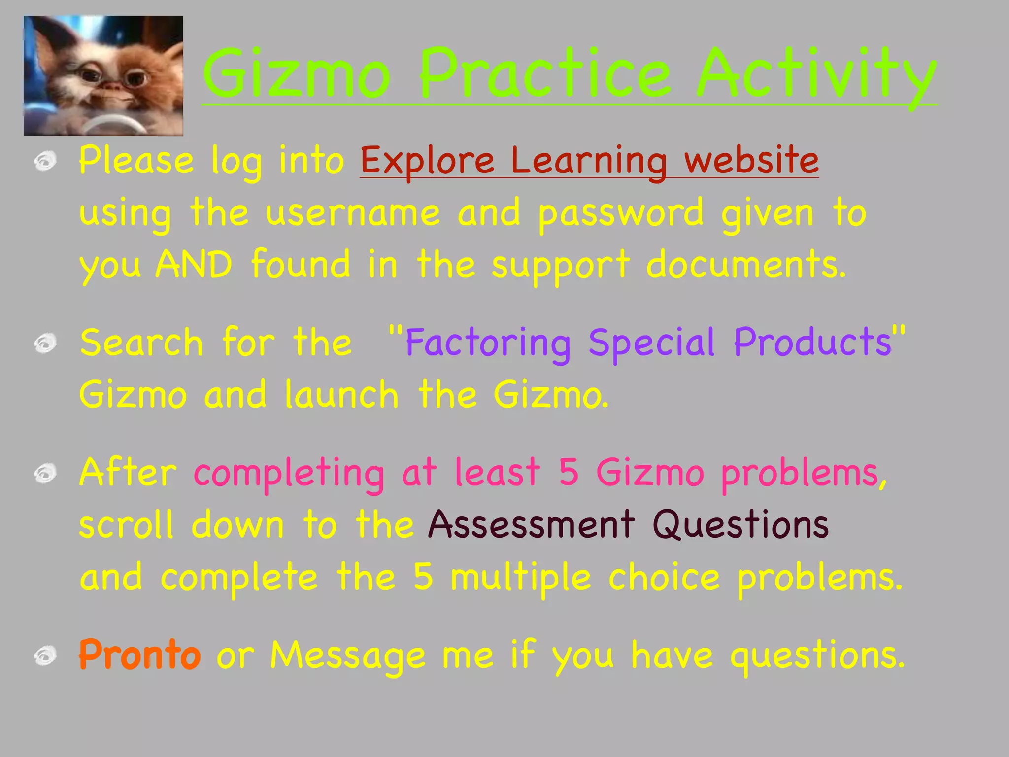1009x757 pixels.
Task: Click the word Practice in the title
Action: (545, 74)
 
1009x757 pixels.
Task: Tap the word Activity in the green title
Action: (816, 75)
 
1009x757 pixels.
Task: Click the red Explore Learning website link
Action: (589, 161)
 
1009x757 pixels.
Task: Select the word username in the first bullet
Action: (352, 213)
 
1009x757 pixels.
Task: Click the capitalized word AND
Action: (194, 265)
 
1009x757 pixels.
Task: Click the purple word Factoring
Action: (488, 343)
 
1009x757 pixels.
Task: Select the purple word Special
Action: (651, 343)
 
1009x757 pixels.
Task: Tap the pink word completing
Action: (289, 473)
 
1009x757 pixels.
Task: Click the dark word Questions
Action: (740, 524)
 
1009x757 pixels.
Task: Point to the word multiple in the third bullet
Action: (520, 578)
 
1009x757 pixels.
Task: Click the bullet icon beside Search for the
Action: (45, 343)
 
